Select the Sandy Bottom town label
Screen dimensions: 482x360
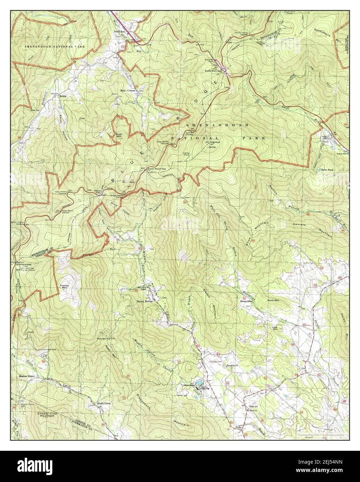coord(128,91)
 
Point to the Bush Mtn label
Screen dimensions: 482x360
coord(120,135)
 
